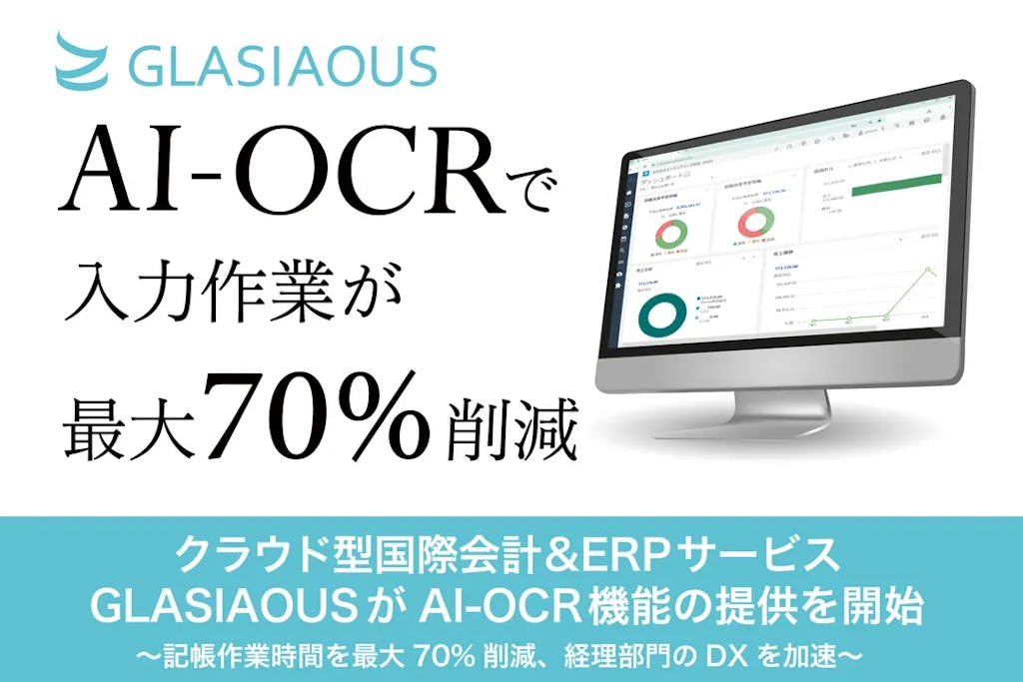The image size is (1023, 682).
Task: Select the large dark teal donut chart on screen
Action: click(664, 313)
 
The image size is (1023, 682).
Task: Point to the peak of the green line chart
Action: click(930, 270)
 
